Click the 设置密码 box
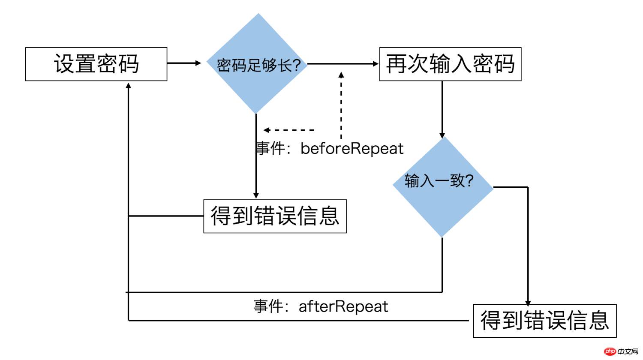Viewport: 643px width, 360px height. click(x=96, y=64)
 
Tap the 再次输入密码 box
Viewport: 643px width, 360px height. click(x=450, y=64)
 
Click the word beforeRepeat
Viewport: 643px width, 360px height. click(x=352, y=149)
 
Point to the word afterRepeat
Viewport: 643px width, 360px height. click(x=343, y=306)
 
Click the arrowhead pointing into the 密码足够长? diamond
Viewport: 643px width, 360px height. click(x=198, y=63)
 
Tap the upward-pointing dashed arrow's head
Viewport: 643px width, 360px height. click(x=341, y=75)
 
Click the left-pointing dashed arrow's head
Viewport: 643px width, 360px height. click(x=266, y=130)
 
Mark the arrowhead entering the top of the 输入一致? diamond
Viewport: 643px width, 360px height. click(x=442, y=135)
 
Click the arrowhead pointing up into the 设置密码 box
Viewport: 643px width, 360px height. click(x=128, y=86)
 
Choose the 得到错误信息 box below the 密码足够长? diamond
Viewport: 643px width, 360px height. click(x=275, y=216)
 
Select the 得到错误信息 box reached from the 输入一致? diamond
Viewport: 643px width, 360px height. click(x=544, y=321)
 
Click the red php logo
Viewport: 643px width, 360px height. click(x=610, y=351)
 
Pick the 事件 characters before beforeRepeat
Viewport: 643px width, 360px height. click(x=270, y=149)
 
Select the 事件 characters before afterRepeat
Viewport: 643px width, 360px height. click(x=268, y=306)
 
